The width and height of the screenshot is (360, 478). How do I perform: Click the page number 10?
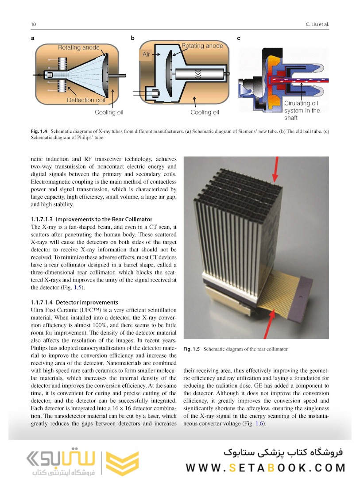click(33, 24)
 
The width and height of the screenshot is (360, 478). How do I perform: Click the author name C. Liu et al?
click(317, 24)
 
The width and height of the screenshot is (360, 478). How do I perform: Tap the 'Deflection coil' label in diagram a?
click(86, 100)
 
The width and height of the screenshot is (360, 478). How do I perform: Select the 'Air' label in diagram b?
click(147, 54)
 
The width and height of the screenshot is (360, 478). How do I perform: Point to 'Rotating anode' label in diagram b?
click(202, 46)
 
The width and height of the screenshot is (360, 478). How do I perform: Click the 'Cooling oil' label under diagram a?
click(109, 112)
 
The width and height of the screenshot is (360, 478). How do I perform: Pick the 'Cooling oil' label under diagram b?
click(205, 112)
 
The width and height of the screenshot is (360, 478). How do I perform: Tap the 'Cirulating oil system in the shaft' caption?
click(302, 110)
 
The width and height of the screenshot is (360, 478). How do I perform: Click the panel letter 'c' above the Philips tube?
click(239, 38)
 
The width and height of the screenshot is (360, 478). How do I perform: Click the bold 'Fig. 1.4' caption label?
click(39, 131)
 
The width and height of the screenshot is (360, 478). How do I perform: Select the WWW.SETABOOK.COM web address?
click(265, 467)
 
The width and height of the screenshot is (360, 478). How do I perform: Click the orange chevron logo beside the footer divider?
click(122, 463)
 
